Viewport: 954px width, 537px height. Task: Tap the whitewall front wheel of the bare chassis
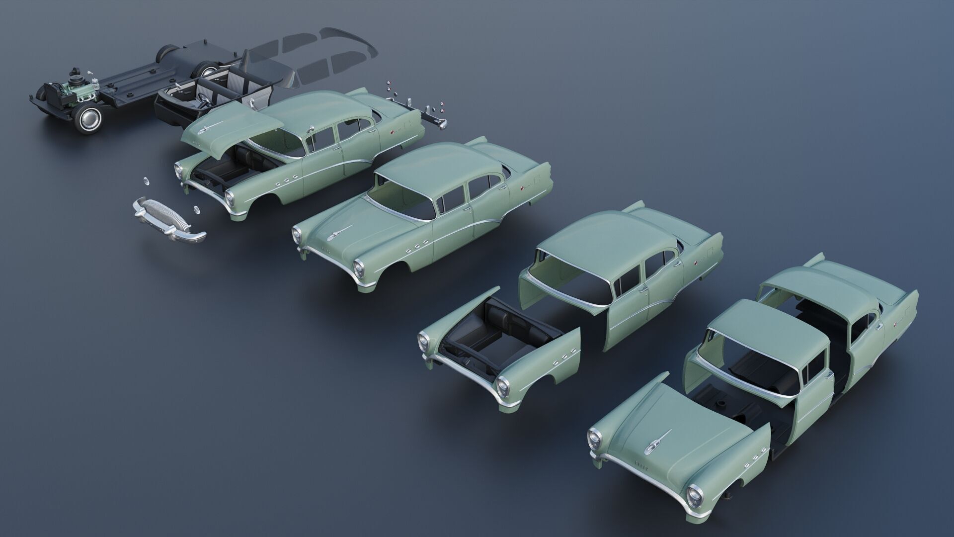tap(89, 119)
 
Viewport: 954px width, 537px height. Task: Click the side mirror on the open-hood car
tap(309, 130)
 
